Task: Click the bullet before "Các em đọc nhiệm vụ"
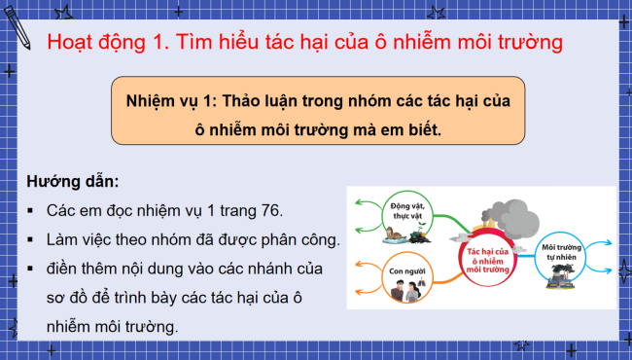(32, 210)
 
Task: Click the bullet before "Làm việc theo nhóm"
(32, 238)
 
